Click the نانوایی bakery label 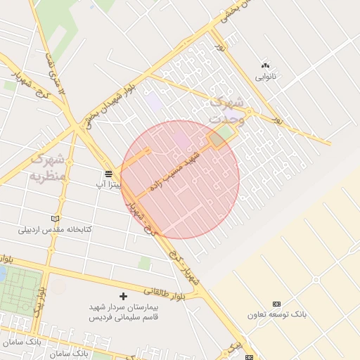pyautogui.click(x=265, y=75)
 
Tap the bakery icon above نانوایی pyautogui.click(x=265, y=65)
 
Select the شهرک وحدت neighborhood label pyautogui.click(x=227, y=110)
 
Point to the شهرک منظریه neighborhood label pyautogui.click(x=47, y=166)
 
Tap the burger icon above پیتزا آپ pyautogui.click(x=109, y=174)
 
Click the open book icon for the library pyautogui.click(x=56, y=219)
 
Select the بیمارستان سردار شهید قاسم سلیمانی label pyautogui.click(x=124, y=313)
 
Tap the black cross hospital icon pyautogui.click(x=124, y=297)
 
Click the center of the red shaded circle pyautogui.click(x=180, y=179)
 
